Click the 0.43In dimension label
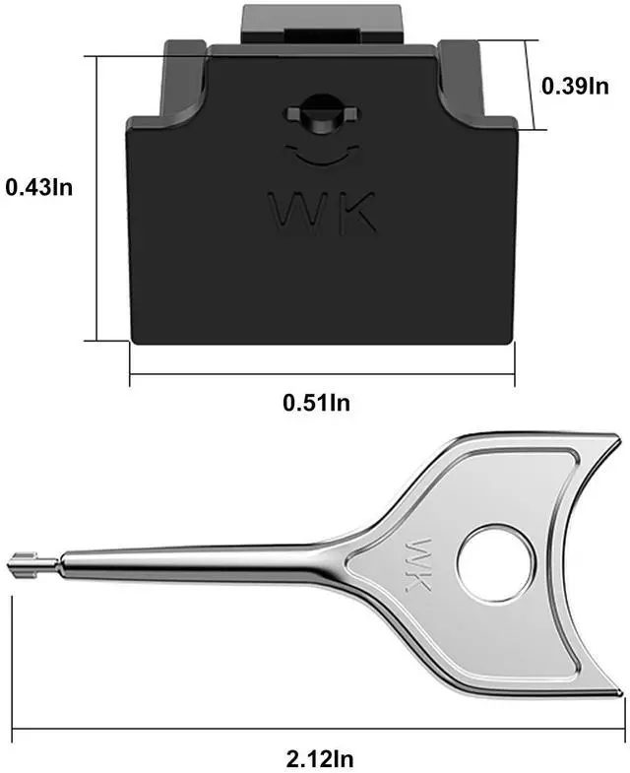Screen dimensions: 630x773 (39, 188)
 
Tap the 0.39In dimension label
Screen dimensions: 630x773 (575, 86)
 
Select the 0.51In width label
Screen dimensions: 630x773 (317, 403)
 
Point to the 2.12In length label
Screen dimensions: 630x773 (320, 757)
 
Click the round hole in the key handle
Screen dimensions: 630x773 (496, 564)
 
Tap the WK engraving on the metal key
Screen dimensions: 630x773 (416, 564)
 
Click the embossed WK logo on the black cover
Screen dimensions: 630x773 (323, 213)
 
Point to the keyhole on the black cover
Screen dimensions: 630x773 (322, 113)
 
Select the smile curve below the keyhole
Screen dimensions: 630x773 (322, 155)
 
